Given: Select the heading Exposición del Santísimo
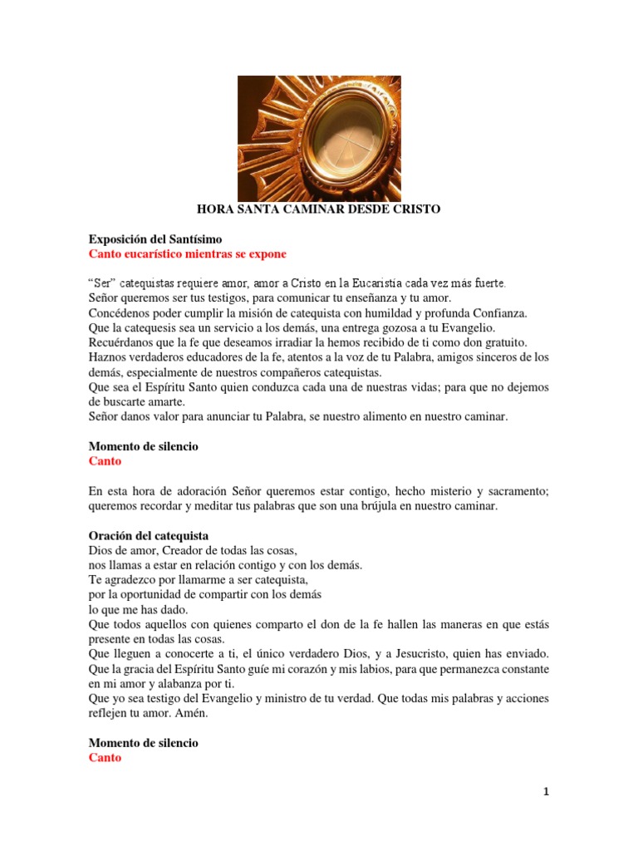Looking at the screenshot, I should pos(155,239).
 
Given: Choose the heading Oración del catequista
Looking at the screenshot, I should pos(148,535).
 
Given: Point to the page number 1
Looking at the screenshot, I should pos(546,792).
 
